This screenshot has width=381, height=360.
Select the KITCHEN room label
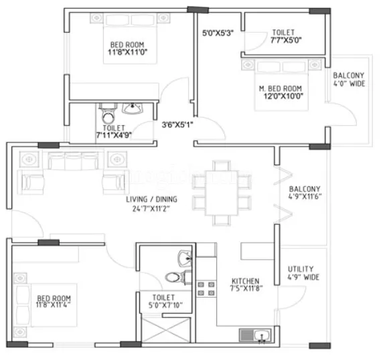coord(246,281)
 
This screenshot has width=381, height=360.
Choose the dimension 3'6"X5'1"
coord(177,124)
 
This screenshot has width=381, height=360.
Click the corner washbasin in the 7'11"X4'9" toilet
coord(135,108)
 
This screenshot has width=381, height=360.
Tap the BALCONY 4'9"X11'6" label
coord(305,193)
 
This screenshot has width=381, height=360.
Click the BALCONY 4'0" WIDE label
coord(348,80)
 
